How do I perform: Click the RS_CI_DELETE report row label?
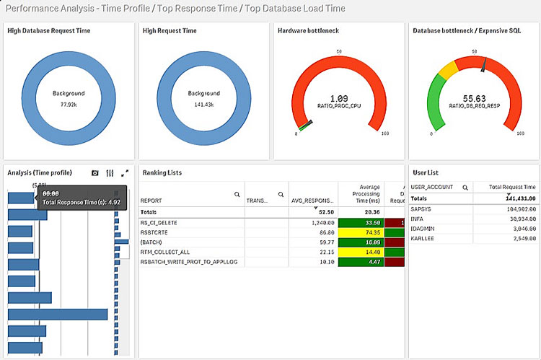(159, 223)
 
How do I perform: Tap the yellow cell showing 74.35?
(361, 232)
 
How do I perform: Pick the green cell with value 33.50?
(361, 223)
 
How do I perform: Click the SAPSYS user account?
(421, 208)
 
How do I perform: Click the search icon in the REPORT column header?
(237, 195)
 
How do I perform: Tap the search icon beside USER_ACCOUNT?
(465, 187)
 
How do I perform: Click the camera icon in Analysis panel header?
(95, 173)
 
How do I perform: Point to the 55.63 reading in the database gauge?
(473, 97)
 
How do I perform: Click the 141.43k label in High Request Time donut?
(204, 104)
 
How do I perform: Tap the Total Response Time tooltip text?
(82, 203)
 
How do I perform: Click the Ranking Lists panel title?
(162, 172)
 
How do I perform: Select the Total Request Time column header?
(513, 187)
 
